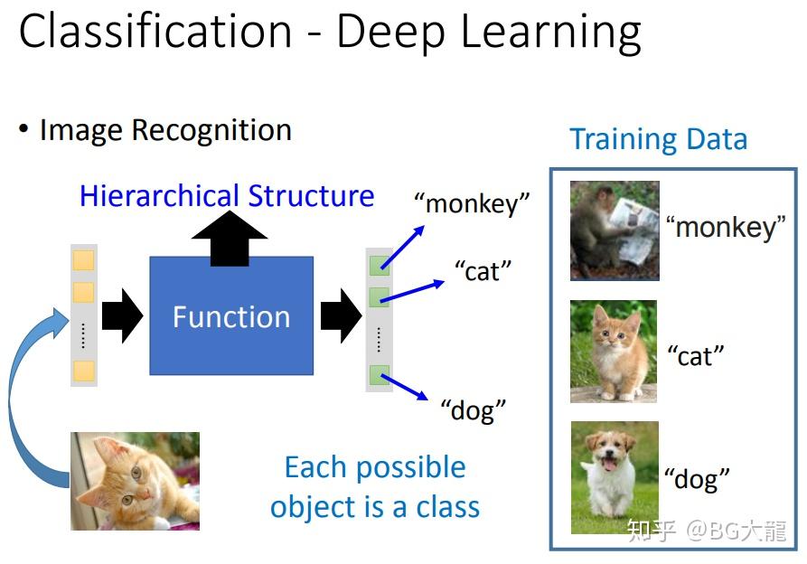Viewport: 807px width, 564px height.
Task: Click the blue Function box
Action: (231, 316)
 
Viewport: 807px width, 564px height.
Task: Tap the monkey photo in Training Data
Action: (615, 230)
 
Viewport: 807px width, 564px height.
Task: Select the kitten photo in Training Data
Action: (614, 352)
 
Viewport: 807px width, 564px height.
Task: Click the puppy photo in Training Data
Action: (615, 477)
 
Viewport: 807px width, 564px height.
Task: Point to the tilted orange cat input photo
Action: (136, 481)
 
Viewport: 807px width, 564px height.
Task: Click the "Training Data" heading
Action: (658, 139)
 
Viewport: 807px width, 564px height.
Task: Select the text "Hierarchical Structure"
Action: (227, 196)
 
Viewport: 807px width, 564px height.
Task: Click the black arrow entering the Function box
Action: (122, 316)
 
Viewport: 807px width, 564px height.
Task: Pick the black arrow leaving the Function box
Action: (341, 316)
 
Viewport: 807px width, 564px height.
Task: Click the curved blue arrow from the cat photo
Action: (27, 398)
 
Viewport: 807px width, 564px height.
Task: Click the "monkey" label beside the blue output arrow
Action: (471, 203)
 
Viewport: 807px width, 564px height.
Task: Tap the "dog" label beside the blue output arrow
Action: (473, 410)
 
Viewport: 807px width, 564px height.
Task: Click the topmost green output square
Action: (379, 265)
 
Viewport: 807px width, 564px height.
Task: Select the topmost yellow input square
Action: (83, 261)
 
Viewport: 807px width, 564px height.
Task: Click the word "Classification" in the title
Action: (155, 32)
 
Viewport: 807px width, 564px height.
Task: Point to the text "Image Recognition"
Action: (165, 130)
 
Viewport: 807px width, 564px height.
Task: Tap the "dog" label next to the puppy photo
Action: (697, 478)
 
